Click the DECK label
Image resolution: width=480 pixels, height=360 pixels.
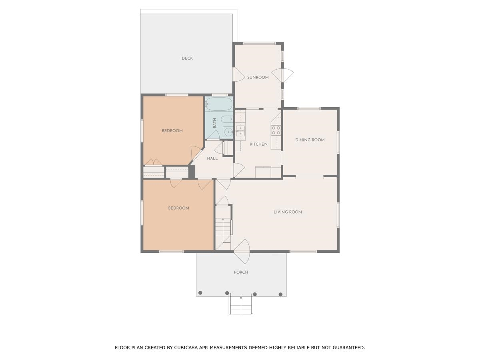coord(187,58)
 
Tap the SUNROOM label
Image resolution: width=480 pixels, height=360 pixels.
coord(258,78)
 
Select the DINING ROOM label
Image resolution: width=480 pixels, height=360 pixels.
coord(310,140)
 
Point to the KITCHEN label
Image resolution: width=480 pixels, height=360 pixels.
coord(258,144)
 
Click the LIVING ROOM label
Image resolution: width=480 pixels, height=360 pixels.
coord(288,212)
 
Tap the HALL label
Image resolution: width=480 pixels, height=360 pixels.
coord(212,158)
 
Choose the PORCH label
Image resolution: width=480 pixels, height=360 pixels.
coord(241,272)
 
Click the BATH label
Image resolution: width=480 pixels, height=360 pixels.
coord(215,123)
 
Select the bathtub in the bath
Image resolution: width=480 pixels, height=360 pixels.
coord(219,104)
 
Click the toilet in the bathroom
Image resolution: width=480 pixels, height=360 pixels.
coord(227,119)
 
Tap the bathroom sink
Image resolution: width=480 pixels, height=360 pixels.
coord(228,132)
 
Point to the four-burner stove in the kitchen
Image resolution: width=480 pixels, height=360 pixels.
coord(276,130)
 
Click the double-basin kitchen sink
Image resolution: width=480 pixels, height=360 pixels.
coord(240,131)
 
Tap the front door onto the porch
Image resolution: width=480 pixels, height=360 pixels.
coord(242,251)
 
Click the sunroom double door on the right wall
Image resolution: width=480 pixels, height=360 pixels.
coord(283,75)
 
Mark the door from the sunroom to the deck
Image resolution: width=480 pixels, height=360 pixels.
coord(235,75)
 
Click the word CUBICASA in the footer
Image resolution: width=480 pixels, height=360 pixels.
coord(188,348)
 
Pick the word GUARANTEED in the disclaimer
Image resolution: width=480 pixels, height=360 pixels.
coord(349,348)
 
